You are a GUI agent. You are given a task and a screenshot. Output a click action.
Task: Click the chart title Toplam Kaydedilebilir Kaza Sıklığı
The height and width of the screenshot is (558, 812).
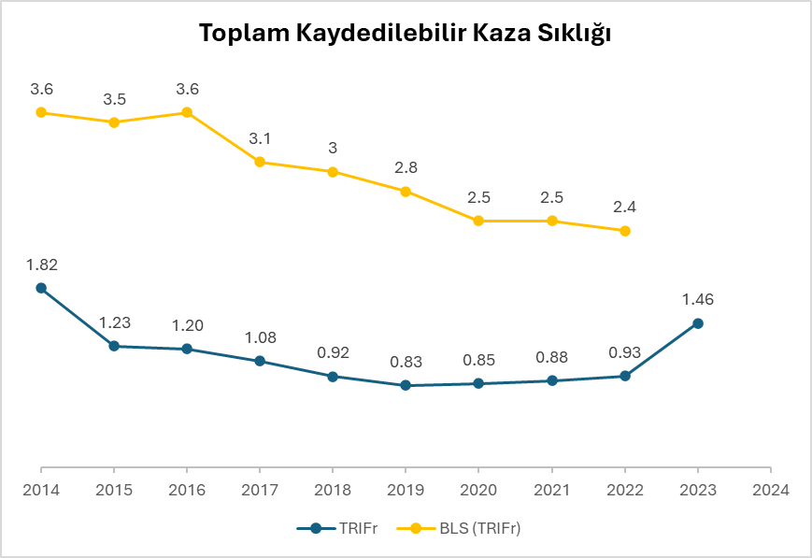click(x=406, y=35)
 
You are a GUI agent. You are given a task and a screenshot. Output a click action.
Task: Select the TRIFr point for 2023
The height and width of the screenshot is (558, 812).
click(x=697, y=323)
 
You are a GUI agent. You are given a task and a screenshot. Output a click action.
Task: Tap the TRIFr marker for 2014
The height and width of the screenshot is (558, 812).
click(x=41, y=288)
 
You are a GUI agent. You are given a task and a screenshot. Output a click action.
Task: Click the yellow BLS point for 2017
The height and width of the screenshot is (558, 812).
click(x=260, y=162)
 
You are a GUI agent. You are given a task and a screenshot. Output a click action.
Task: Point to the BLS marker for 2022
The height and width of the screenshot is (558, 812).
click(x=625, y=231)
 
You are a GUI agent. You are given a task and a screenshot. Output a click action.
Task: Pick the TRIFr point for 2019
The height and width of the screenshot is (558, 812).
click(x=406, y=385)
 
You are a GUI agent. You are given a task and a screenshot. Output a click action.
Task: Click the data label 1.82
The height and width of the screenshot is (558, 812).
click(x=41, y=265)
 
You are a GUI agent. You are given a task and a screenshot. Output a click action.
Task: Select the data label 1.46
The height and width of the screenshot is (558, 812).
click(x=697, y=300)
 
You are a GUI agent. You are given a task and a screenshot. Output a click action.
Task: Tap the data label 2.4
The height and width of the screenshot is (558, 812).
click(x=625, y=207)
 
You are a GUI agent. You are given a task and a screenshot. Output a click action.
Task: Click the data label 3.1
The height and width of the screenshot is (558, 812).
click(x=260, y=138)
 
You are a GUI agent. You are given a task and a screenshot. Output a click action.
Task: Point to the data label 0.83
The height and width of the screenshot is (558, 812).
click(x=406, y=362)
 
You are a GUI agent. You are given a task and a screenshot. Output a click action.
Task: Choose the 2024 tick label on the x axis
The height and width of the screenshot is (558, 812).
click(x=770, y=489)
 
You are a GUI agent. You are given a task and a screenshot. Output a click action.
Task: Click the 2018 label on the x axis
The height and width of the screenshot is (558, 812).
click(x=333, y=489)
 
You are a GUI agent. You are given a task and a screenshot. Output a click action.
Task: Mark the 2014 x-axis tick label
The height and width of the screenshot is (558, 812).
click(x=41, y=489)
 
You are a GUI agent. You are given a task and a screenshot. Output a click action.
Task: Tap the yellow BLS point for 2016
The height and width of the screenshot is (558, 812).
click(x=187, y=112)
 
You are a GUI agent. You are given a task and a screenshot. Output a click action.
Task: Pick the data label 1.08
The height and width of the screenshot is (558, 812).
click(x=260, y=337)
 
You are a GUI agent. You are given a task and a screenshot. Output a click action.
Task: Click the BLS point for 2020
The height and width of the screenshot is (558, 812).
click(x=478, y=221)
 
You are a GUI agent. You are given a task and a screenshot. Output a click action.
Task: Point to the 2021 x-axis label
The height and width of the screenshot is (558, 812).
click(x=551, y=489)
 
